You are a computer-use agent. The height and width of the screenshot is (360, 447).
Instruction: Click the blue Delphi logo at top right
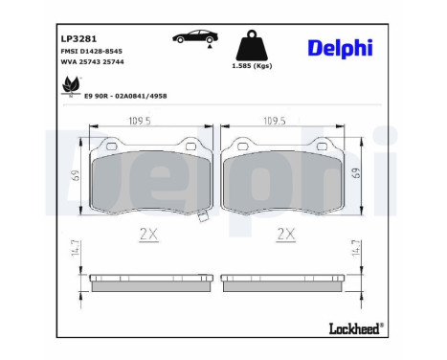[340, 48]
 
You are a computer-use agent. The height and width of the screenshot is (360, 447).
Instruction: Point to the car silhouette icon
[193, 38]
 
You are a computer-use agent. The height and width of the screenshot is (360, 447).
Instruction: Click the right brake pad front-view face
[282, 179]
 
